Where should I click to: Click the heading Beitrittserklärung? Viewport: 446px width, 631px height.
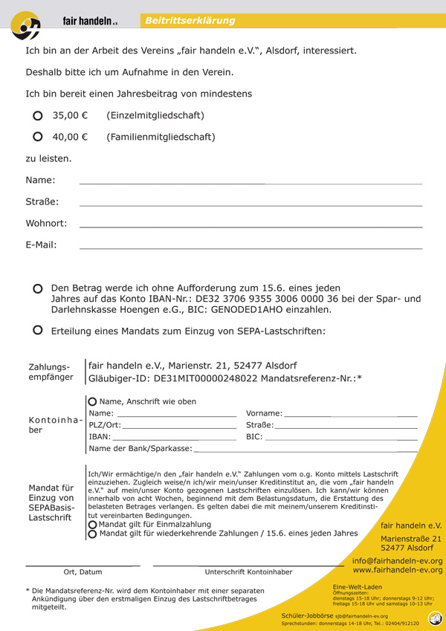(x=190, y=21)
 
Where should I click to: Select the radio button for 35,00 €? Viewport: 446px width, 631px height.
(x=38, y=116)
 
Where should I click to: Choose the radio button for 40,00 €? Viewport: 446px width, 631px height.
(x=38, y=137)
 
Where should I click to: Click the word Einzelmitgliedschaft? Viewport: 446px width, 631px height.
(x=155, y=116)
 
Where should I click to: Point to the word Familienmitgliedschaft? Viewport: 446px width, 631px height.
(x=161, y=137)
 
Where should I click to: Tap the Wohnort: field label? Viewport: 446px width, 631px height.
(x=46, y=223)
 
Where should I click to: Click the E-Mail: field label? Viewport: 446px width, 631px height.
(x=42, y=245)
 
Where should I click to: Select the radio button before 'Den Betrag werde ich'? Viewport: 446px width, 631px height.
(x=38, y=288)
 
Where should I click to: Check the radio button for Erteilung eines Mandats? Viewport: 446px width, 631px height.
(x=38, y=331)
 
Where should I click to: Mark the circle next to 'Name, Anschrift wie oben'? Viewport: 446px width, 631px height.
(x=93, y=401)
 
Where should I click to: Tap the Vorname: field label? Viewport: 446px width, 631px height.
(x=264, y=413)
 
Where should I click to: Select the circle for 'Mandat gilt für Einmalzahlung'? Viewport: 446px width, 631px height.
(x=93, y=524)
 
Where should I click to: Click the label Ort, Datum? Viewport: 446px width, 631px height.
(x=83, y=572)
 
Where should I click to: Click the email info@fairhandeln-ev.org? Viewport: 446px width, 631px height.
(x=397, y=561)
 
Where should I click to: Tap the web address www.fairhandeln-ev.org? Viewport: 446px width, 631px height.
(x=397, y=570)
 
